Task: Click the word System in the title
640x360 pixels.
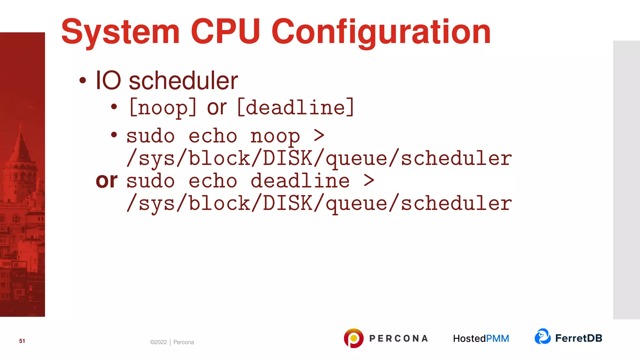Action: [120, 32]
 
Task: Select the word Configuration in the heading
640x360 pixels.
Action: [381, 32]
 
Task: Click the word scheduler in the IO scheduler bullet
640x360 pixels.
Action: [183, 81]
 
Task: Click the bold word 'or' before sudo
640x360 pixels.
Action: [107, 181]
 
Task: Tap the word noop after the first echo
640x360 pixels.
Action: [275, 137]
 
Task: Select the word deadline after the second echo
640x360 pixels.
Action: [300, 181]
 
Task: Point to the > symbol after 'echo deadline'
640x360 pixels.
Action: [369, 180]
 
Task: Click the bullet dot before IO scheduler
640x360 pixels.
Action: [82, 81]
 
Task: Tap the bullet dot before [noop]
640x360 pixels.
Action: [114, 107]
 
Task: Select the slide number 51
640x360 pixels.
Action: [22, 341]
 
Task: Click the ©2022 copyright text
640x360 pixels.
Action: [158, 342]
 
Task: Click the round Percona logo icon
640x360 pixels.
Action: [353, 338]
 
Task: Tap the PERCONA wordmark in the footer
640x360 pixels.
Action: [398, 338]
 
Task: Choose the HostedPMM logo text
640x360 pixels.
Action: [481, 338]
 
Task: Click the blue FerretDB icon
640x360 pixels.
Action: [542, 337]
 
